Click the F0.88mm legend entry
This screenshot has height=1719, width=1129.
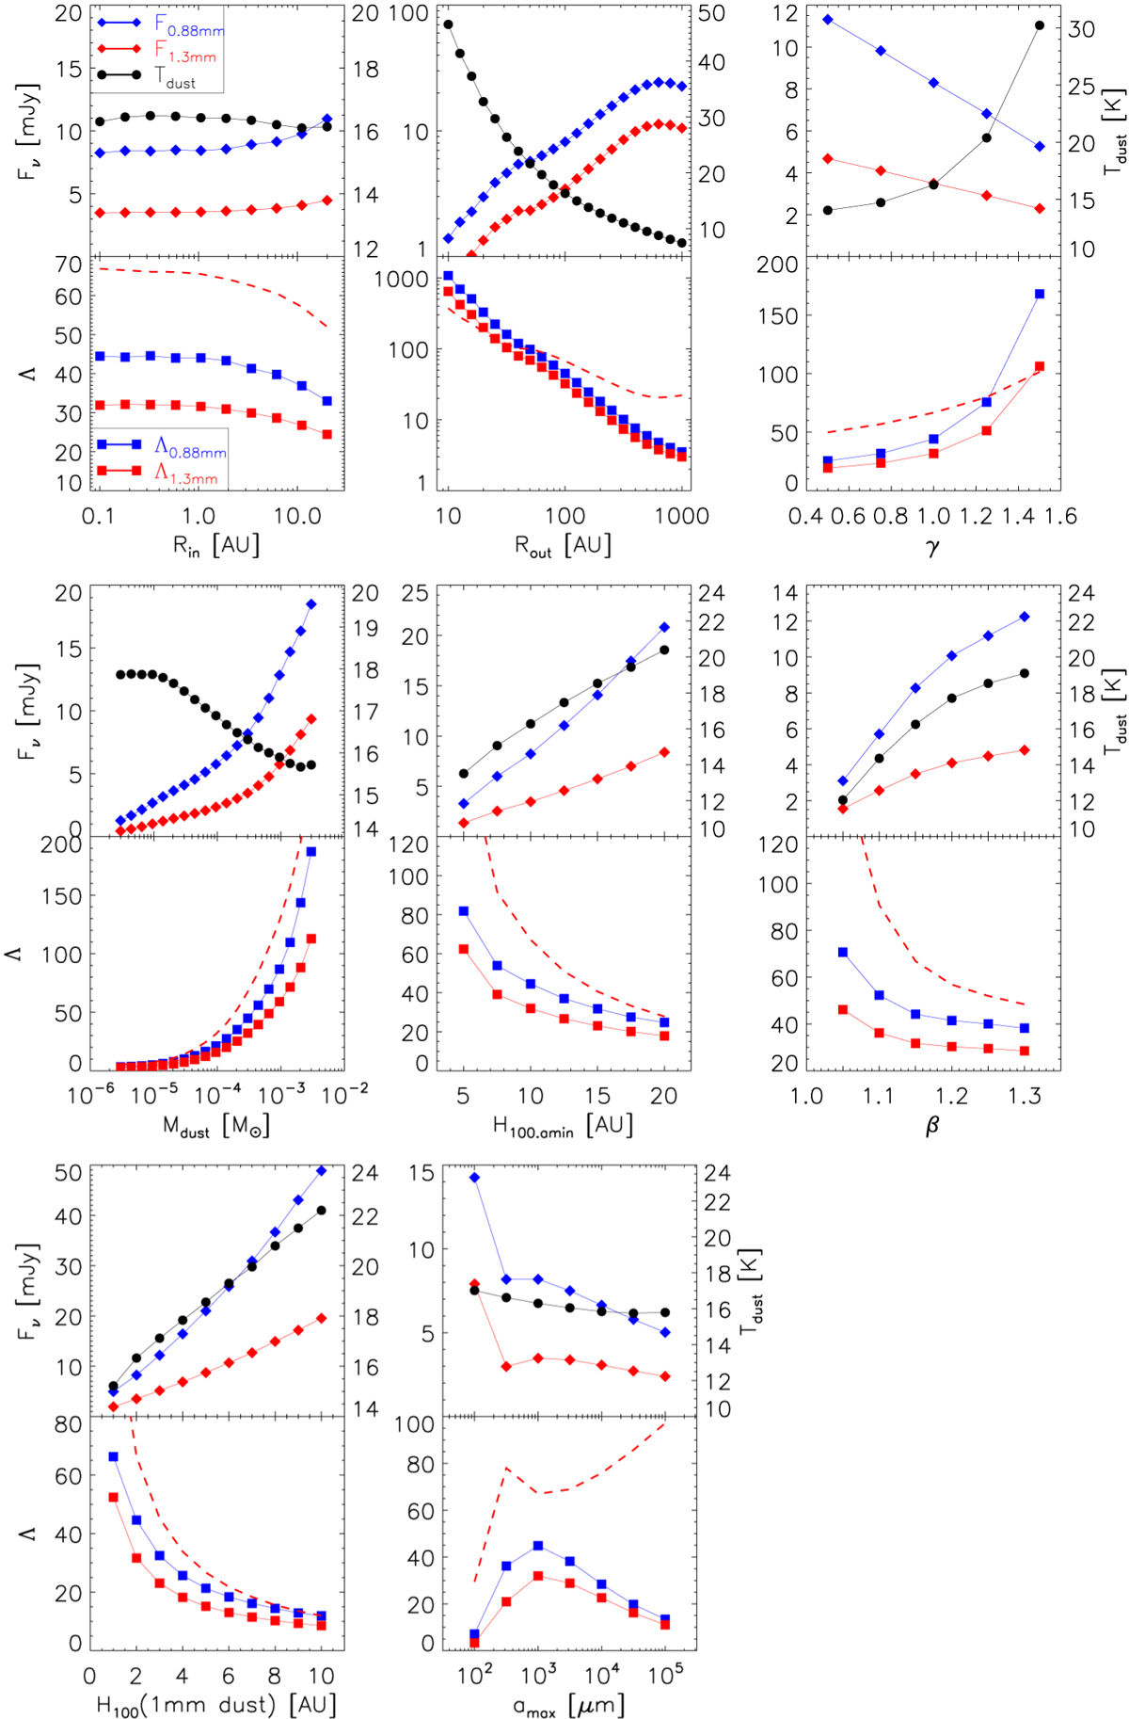coord(188,23)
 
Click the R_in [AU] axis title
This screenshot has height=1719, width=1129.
coord(215,546)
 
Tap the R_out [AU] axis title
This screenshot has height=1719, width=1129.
coord(563,546)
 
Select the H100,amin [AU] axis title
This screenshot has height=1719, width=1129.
coord(563,1126)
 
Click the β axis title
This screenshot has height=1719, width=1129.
coord(932,1126)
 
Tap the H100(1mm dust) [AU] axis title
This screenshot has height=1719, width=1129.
coord(215,1705)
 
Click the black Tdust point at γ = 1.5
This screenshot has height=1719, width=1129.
coord(1040,25)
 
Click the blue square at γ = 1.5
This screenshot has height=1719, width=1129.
coord(1040,295)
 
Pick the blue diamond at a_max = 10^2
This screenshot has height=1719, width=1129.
coord(474,1178)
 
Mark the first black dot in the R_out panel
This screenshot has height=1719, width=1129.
coord(448,24)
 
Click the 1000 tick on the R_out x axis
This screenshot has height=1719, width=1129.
coord(681,516)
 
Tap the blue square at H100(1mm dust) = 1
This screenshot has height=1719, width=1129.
coord(113,1456)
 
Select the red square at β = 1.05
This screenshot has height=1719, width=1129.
coord(842,1010)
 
